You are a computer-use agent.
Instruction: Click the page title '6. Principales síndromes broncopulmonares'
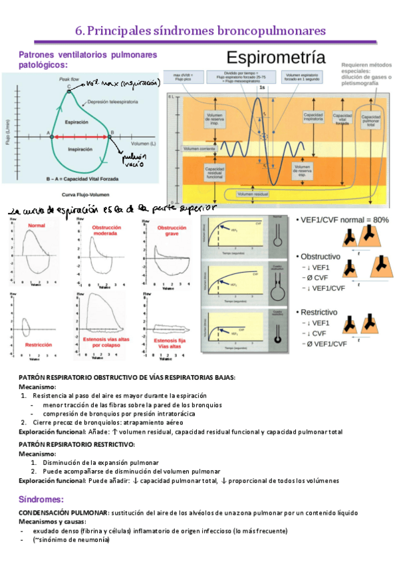tap(200, 31)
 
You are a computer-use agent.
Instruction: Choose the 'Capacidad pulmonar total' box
tap(372, 120)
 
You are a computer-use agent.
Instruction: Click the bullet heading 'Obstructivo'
tap(321, 256)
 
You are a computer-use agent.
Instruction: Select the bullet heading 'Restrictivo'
tap(319, 312)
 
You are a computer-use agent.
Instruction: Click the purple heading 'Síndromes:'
tap(41, 499)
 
